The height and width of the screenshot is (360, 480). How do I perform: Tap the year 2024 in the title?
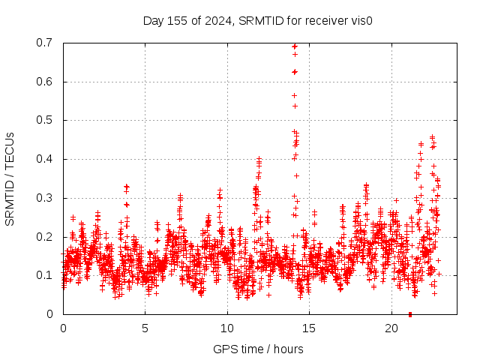[217, 21]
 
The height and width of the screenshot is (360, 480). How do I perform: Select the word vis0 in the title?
[361, 21]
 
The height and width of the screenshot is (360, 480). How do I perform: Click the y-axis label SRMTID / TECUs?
[10, 178]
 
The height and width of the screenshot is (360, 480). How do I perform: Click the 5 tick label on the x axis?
[145, 328]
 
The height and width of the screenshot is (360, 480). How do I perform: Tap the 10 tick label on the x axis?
[227, 328]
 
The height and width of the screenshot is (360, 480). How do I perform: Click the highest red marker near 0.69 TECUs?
[295, 46]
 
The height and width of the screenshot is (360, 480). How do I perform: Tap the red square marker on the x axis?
[410, 314]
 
